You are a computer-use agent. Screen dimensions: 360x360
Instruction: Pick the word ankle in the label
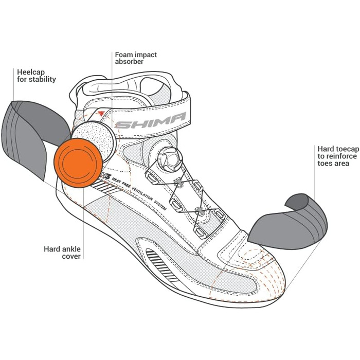68,248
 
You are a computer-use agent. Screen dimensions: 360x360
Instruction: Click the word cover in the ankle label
71,256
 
